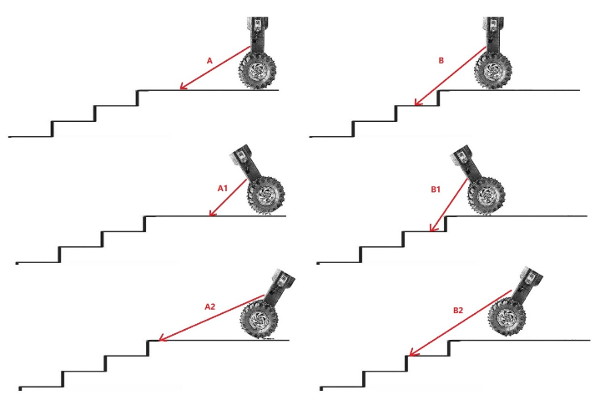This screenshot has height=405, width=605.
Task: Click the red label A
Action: (x=209, y=60)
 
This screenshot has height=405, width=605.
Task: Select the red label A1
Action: (x=223, y=189)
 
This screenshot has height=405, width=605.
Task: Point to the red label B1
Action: (x=436, y=190)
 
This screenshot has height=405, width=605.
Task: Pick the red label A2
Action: (x=210, y=307)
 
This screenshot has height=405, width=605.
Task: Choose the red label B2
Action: (x=458, y=310)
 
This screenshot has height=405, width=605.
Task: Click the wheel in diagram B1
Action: (x=486, y=196)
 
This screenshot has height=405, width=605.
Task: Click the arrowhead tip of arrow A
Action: (x=178, y=89)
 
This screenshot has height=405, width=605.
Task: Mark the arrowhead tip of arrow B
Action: (x=413, y=106)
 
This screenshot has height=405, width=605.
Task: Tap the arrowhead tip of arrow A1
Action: (x=209, y=216)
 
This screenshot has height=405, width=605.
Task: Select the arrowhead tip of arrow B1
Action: (x=429, y=231)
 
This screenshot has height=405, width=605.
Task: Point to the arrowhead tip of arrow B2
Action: (x=408, y=357)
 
